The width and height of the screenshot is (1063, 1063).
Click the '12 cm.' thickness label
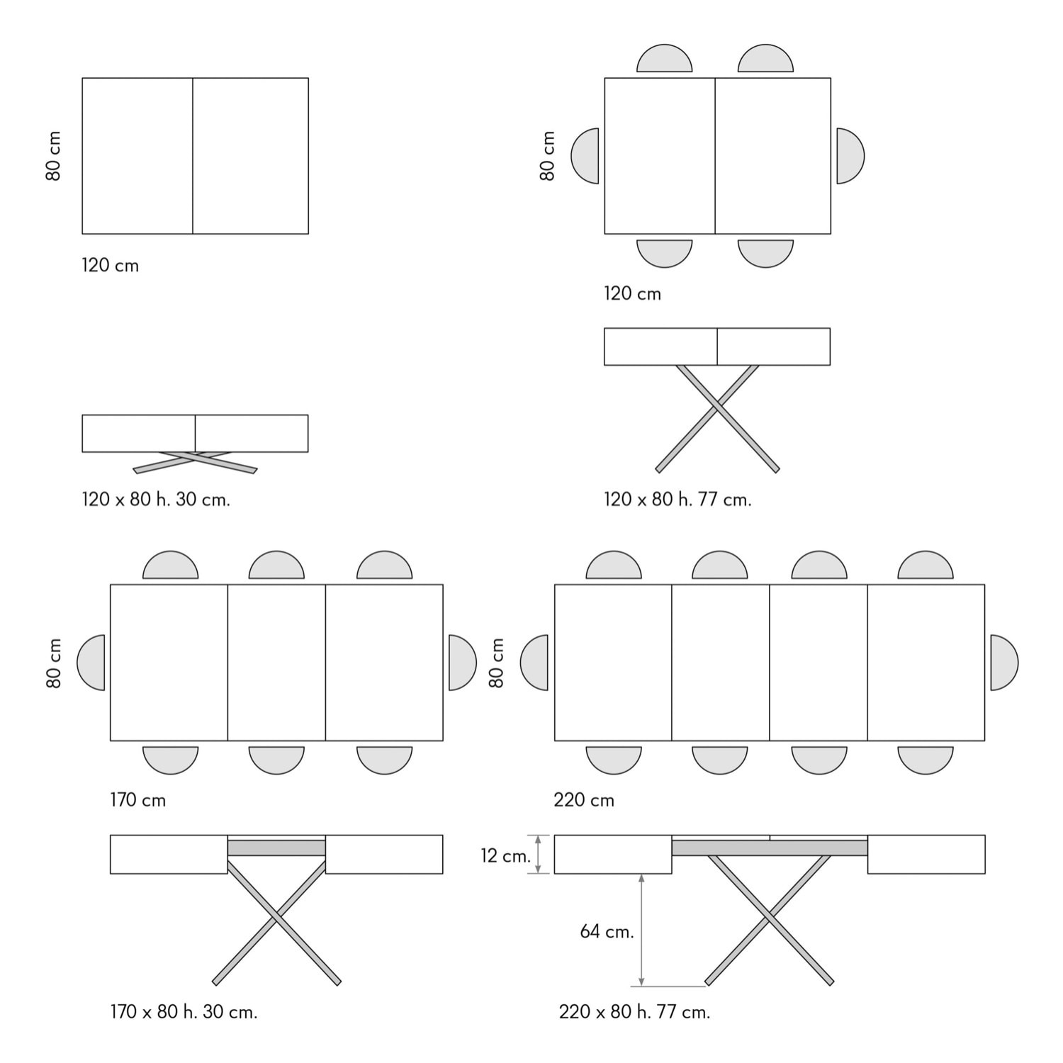pos(505,855)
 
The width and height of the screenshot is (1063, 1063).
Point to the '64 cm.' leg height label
pos(607,931)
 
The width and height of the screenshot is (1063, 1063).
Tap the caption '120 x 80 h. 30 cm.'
pos(156,500)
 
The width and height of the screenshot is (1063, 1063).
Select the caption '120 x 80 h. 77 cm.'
pos(677,500)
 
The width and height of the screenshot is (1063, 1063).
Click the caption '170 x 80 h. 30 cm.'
pos(184,1012)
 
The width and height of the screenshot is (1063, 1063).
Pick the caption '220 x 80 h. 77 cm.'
pos(634,1012)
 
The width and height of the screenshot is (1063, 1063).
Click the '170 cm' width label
pos(137,800)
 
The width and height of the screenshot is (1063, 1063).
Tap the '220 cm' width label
pos(584,800)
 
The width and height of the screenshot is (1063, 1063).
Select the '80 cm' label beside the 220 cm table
pos(497,663)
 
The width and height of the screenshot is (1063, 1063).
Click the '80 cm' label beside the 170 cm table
pos(55,663)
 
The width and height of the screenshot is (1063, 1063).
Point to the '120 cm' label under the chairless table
pos(110,266)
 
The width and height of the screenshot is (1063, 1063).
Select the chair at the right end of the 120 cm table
pos(849,156)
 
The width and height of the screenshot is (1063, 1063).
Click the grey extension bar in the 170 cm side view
pos(276,848)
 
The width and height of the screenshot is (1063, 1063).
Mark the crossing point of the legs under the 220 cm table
pos(770,919)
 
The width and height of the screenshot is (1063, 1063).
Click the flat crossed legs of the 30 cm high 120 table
pos(195,461)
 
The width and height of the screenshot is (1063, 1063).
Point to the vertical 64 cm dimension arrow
pos(641,929)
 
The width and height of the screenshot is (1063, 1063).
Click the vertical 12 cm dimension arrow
pos(539,854)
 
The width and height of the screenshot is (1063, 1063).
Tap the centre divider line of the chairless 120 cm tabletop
pos(193,156)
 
